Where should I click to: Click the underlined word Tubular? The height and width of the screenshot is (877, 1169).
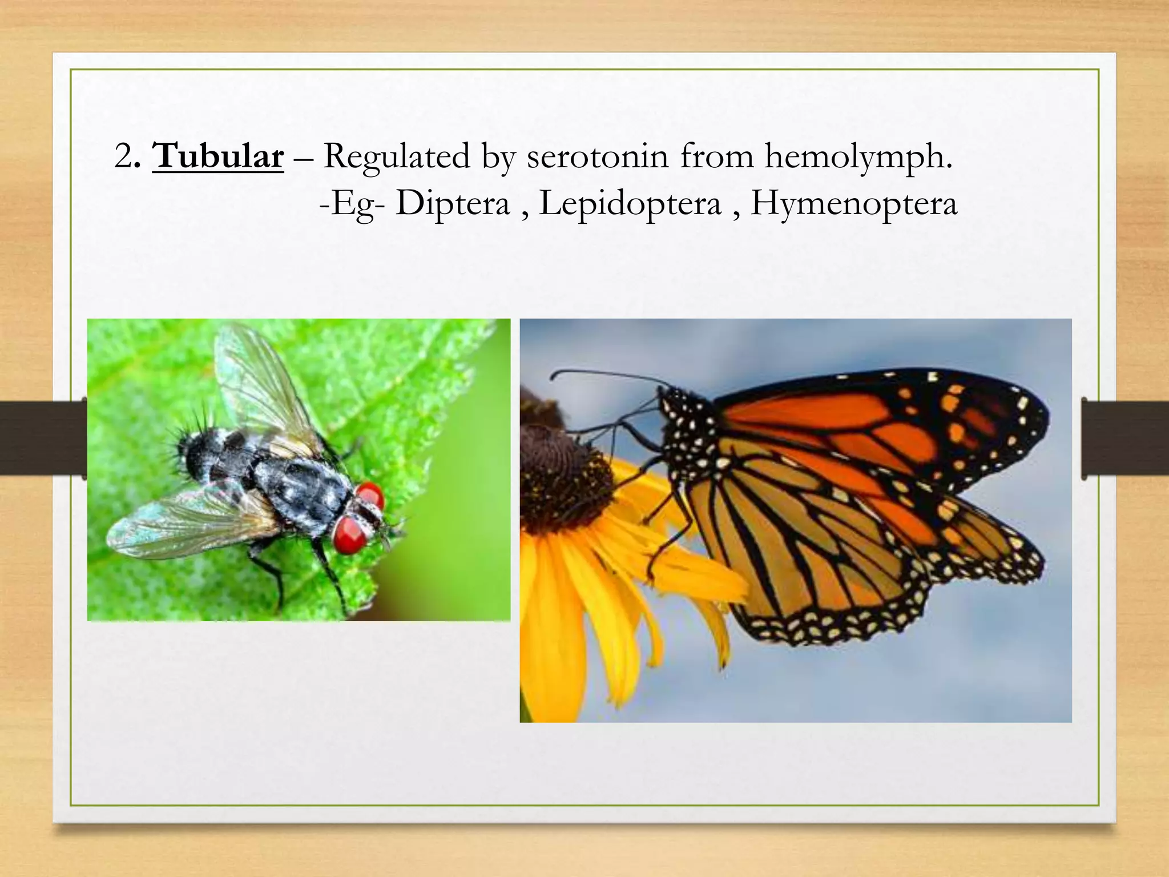[x=218, y=156]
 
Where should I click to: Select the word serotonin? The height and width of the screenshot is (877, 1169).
[x=597, y=156]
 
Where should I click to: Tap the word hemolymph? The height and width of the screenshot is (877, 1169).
[x=858, y=156]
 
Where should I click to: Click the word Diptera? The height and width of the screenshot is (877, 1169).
[x=453, y=203]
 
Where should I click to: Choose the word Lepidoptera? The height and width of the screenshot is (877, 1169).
[x=630, y=203]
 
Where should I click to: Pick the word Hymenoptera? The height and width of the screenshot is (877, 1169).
[x=853, y=203]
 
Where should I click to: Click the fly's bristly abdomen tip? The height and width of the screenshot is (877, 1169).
[x=191, y=451]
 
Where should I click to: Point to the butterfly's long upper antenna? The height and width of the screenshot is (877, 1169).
[x=605, y=374]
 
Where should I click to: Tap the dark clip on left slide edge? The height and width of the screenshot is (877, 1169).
[x=43, y=437]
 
